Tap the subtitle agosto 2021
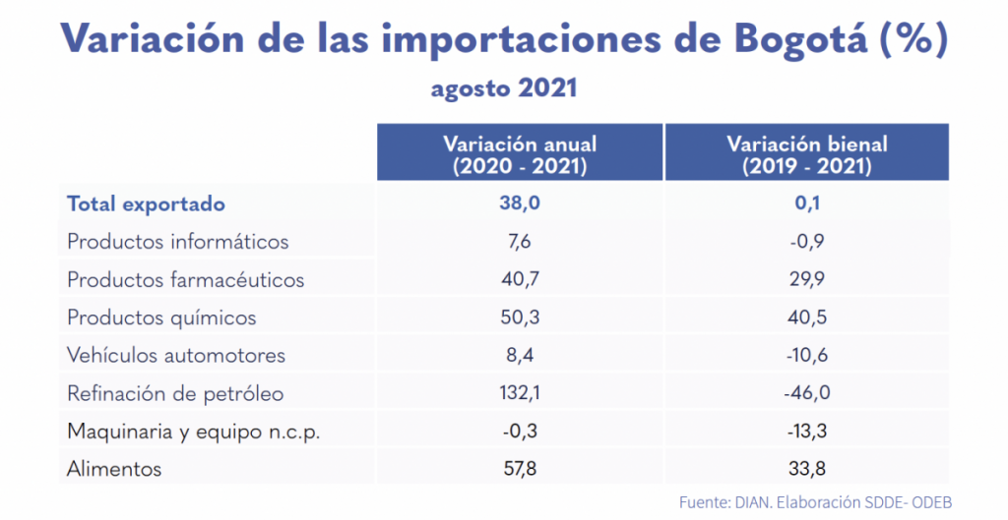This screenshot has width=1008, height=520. tap(503, 88)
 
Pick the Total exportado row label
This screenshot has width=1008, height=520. tap(146, 204)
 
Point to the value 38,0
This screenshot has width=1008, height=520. tap(520, 204)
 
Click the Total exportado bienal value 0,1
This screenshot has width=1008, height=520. tap(806, 204)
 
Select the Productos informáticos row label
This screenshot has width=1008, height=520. tap(177, 242)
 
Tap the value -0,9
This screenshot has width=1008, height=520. tap(806, 242)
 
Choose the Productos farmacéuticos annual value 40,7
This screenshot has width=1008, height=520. tap(520, 280)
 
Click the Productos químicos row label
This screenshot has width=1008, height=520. tap(161, 318)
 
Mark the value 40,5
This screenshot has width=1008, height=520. tap(806, 318)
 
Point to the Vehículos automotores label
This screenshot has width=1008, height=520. tap(176, 356)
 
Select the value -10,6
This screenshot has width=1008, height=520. tap(806, 356)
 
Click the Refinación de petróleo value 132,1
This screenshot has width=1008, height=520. tap(520, 394)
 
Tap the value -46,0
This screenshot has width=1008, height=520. tap(806, 394)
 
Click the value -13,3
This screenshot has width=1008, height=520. tap(806, 432)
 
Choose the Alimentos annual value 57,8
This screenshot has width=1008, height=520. tap(520, 470)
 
